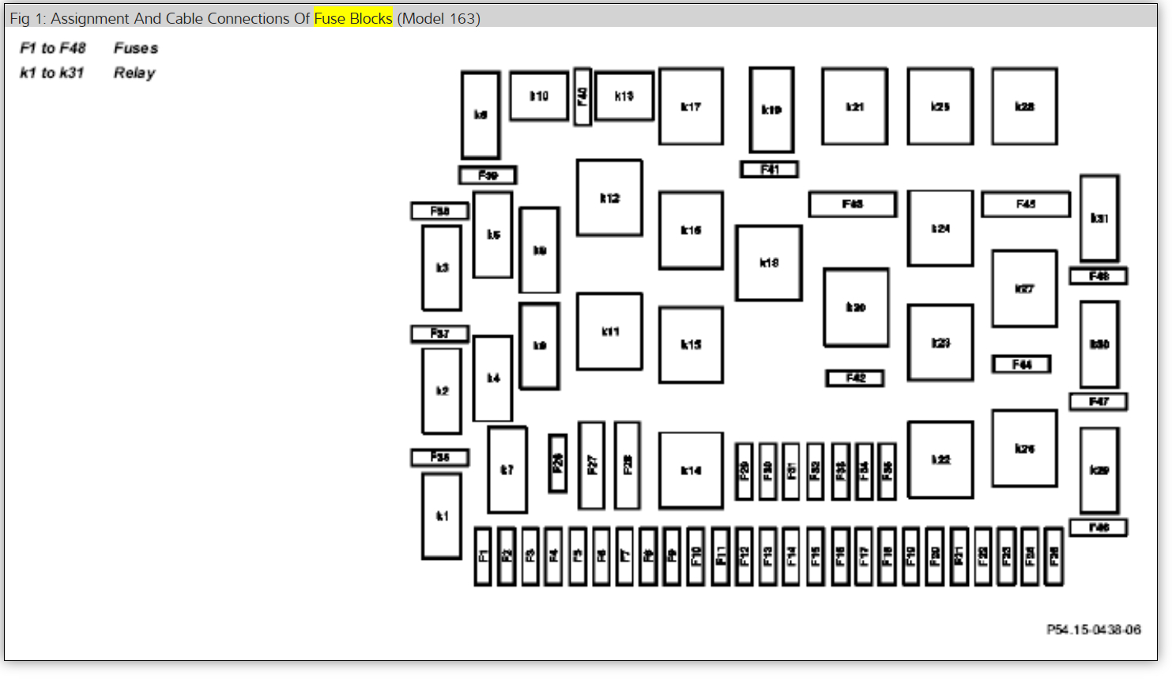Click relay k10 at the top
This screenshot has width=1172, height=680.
tap(539, 96)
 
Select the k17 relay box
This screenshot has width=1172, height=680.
tap(691, 106)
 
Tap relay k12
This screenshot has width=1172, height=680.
tap(609, 198)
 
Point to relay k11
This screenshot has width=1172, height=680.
tap(609, 331)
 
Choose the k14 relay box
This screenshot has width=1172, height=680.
tap(691, 470)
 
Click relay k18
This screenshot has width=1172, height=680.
tap(769, 263)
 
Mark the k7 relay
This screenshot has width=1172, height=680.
tap(507, 470)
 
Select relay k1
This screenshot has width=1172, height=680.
tap(442, 516)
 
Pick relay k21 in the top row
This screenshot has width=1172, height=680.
tap(854, 106)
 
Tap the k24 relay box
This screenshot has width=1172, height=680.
tap(940, 228)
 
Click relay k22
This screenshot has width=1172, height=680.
tap(940, 459)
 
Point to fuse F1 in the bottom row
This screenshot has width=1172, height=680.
tap(483, 556)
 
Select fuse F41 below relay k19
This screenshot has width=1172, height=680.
tap(769, 169)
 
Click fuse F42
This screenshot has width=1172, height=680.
tap(855, 378)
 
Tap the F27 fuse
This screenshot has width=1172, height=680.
tap(591, 465)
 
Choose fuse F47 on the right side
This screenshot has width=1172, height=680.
tap(1099, 402)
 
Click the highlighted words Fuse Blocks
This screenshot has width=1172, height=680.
tap(353, 18)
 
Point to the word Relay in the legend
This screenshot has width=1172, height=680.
tap(134, 73)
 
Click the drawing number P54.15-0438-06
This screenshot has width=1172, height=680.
tap(1094, 629)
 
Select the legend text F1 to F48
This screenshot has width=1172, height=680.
tap(52, 48)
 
